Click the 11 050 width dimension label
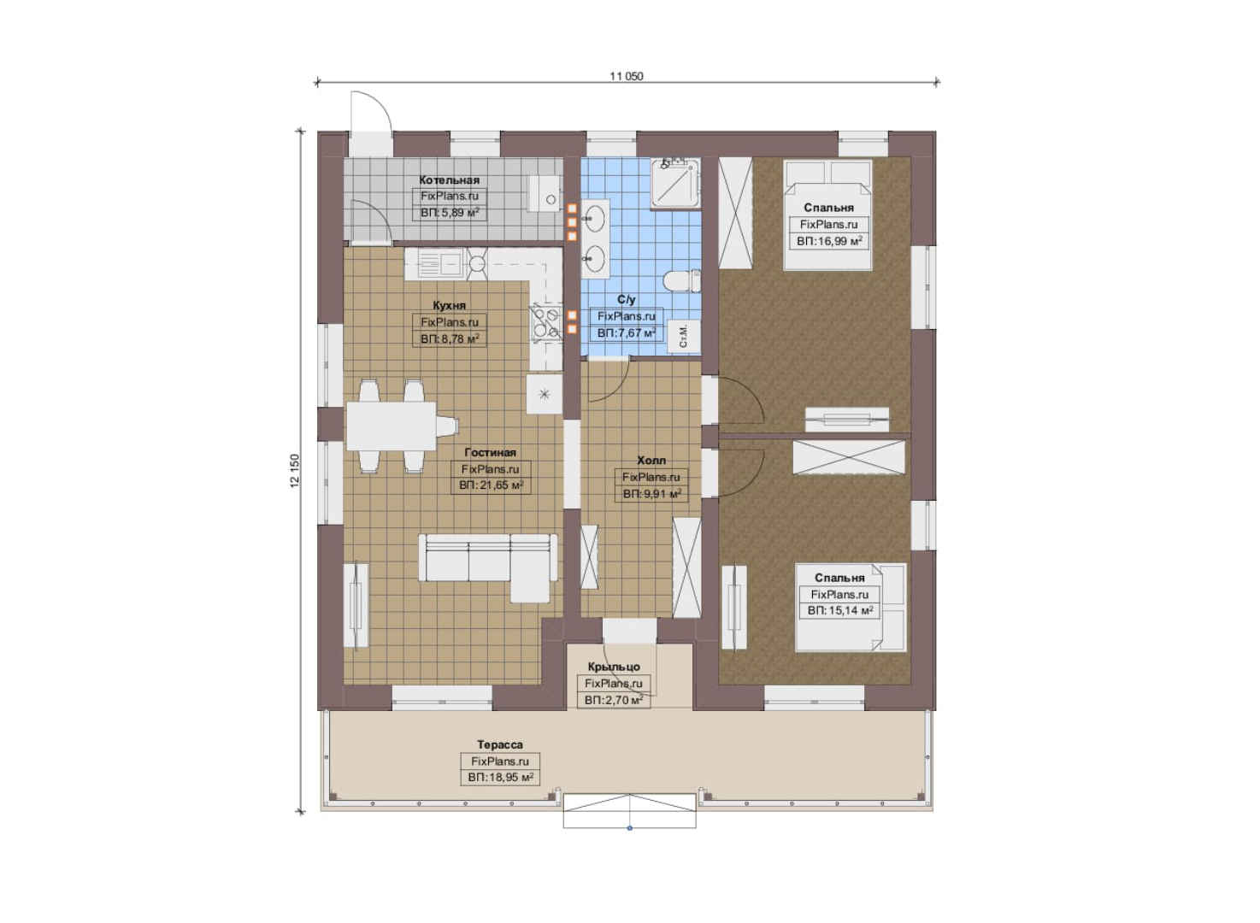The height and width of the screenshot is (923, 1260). (x=626, y=76)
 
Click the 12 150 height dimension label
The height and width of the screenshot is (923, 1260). (x=295, y=471)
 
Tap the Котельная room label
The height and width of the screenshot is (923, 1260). (x=449, y=180)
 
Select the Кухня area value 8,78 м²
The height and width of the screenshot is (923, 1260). (x=450, y=338)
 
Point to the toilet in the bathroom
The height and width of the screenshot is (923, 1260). (x=682, y=280)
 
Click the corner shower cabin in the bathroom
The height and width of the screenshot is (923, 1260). (x=675, y=184)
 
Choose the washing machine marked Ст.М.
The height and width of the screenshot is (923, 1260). (x=684, y=338)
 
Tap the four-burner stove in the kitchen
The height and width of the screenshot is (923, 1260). (x=545, y=322)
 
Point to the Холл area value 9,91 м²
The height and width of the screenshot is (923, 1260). (x=651, y=494)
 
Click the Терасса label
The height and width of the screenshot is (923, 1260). (x=500, y=744)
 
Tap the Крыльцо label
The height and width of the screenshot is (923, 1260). (x=614, y=667)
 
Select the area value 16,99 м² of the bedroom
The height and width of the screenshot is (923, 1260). (x=829, y=241)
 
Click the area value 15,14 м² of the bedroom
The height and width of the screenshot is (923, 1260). (x=839, y=610)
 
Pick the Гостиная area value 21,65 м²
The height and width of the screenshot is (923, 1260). (x=491, y=485)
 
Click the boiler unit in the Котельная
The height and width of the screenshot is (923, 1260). (x=544, y=192)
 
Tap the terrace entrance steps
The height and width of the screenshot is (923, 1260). (x=629, y=810)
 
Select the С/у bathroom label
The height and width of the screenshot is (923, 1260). (x=626, y=299)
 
